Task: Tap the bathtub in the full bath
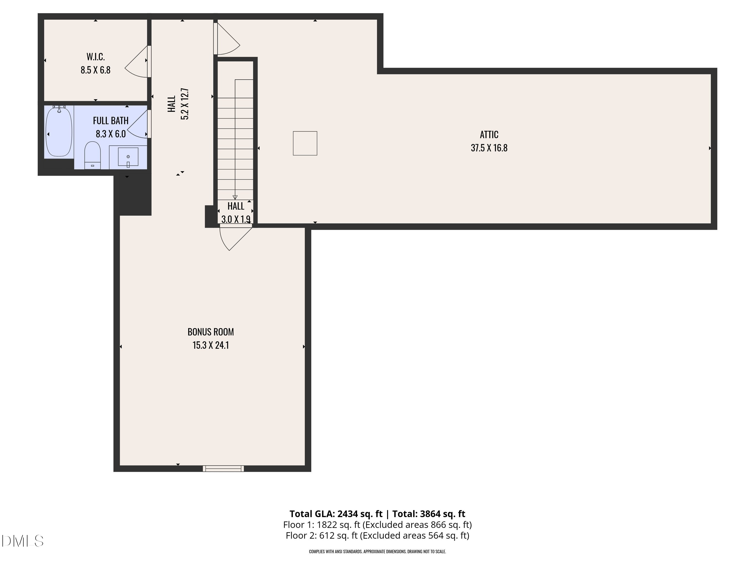(x=59, y=132)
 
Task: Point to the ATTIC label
(x=489, y=135)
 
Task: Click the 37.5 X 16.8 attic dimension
(x=489, y=148)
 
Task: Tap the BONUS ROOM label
(x=211, y=332)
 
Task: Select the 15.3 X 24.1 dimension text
(x=211, y=345)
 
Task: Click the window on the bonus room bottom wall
(x=223, y=468)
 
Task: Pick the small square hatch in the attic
(x=305, y=143)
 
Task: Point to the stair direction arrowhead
(x=235, y=197)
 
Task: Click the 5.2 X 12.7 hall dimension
(x=185, y=104)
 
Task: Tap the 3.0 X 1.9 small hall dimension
(x=236, y=219)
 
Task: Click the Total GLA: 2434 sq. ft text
(x=336, y=514)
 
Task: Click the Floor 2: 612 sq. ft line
(x=377, y=535)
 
